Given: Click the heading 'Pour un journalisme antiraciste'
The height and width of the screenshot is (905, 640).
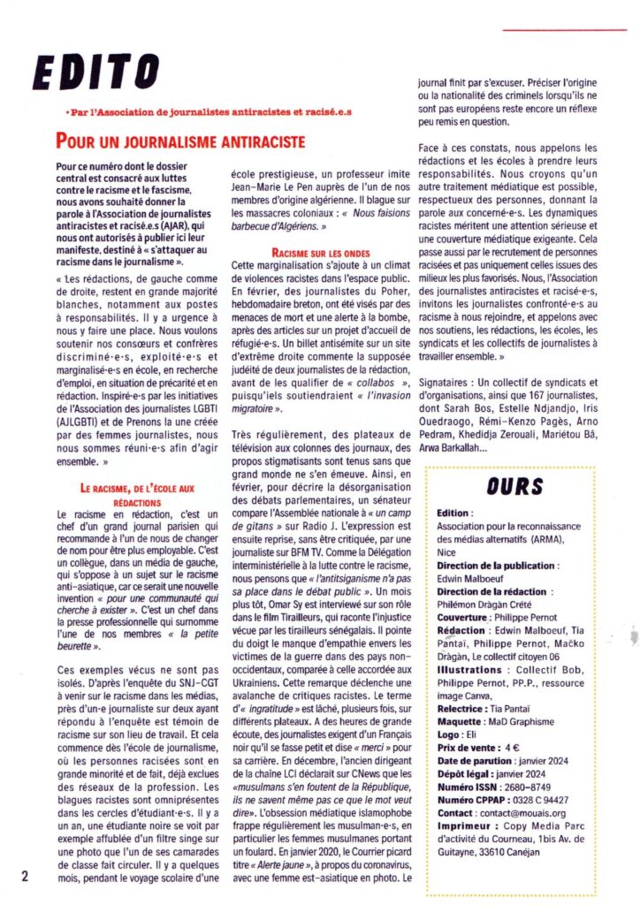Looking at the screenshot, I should (180, 141).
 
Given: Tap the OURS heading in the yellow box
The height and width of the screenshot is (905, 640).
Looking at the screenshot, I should (514, 485).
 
